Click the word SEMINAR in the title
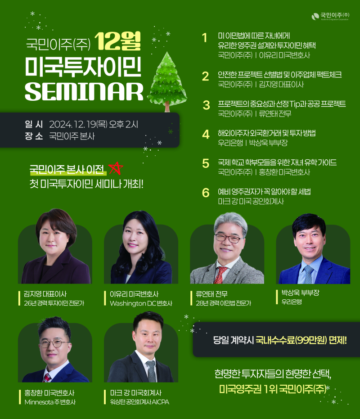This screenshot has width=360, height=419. click(x=84, y=91)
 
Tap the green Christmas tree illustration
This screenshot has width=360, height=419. click(x=167, y=81)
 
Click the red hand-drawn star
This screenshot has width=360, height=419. click(x=116, y=168)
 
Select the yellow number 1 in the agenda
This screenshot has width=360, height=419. click(x=205, y=38)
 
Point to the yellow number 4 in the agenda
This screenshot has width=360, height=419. click(x=206, y=135)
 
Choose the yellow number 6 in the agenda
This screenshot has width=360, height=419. click(x=206, y=193)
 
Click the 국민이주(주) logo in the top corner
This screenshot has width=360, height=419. click(x=330, y=16)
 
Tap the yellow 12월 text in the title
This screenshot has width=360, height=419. click(x=117, y=41)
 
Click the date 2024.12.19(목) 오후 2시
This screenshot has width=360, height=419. click(x=94, y=124)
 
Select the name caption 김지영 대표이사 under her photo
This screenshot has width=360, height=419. click(x=45, y=294)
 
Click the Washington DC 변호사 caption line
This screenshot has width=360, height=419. click(x=141, y=303)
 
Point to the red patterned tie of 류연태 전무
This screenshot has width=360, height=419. click(x=220, y=275)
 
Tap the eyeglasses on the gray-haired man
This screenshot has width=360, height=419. click(x=229, y=238)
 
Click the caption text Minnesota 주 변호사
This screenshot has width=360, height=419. click(x=50, y=402)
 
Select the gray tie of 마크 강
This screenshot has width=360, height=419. click(x=151, y=371)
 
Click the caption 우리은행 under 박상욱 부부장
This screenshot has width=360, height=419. click(x=292, y=302)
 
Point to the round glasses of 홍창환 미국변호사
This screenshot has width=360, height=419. click(x=54, y=343)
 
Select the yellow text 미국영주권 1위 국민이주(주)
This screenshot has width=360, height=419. click(x=273, y=389)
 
